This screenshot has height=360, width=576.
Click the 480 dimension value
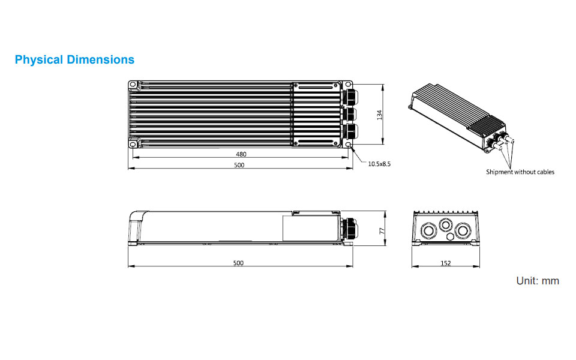click(x=241, y=154)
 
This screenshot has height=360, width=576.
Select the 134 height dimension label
click(x=379, y=114)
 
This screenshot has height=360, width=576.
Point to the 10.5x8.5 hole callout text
click(x=379, y=163)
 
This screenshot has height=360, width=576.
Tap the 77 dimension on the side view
click(x=379, y=230)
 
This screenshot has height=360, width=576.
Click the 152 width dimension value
click(x=445, y=263)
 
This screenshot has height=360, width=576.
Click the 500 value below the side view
click(x=238, y=263)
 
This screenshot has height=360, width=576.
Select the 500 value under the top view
click(x=239, y=165)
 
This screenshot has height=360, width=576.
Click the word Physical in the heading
click(x=39, y=60)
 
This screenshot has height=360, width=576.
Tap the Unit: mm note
click(x=538, y=281)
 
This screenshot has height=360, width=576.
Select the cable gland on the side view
click(x=347, y=229)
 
